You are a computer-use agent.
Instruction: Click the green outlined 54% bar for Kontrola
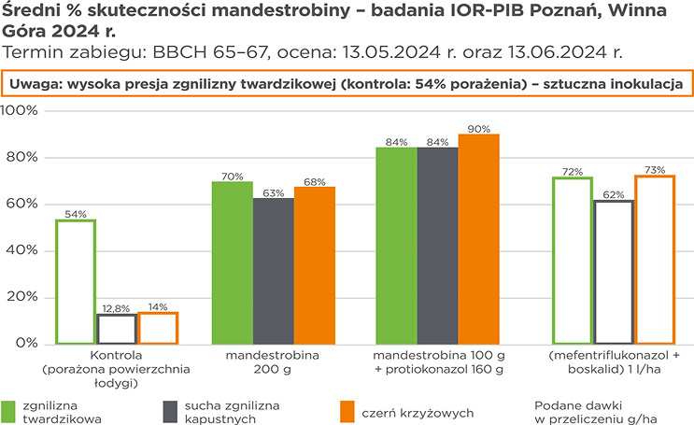76,281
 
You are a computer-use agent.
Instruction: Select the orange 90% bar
478,239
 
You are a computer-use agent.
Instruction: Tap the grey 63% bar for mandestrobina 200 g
273,271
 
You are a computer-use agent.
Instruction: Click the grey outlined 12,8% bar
117,329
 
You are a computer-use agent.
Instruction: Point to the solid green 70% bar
233,262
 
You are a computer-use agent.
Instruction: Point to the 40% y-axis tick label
21,251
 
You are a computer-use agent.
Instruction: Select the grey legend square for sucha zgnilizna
170,411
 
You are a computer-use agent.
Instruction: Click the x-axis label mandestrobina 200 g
272,363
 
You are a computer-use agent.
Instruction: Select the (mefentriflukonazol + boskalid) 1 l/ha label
613,363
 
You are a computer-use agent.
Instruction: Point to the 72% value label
573,172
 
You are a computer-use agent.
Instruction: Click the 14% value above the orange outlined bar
157,307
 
